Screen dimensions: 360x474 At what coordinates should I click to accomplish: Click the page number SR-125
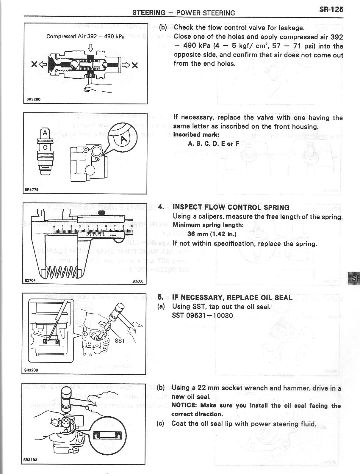coord(331,9)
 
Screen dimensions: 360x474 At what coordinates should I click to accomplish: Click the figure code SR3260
coord(32,99)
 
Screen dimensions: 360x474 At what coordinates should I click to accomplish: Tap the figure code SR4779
coord(32,189)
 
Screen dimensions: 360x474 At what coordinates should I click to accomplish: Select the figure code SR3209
coord(31,370)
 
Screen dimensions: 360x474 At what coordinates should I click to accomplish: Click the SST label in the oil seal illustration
coord(120,341)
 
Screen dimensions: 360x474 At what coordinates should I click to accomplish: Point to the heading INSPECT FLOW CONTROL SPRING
coord(231,207)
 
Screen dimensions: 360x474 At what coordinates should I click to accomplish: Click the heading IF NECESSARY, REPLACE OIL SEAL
coord(232,298)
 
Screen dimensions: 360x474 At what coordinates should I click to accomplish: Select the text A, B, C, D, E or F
coord(214,144)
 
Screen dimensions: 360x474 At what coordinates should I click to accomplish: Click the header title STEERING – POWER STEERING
coord(184,13)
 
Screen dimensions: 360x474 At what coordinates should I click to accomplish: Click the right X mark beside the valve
coord(135,65)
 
